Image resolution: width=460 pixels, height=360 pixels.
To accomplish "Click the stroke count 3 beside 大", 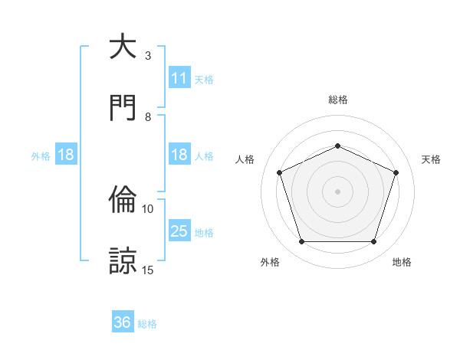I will tap(148, 56).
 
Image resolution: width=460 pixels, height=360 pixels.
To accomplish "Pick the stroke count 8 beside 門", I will tap(148, 117).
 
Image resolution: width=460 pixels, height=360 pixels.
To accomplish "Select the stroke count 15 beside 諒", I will tap(148, 270).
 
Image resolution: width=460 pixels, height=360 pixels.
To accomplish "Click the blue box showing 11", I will tap(179, 78).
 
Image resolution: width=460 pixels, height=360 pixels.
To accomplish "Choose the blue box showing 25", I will tap(179, 231).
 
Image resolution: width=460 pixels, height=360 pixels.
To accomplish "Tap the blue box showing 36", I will tap(123, 322).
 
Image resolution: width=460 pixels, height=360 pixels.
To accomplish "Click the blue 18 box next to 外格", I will tap(66, 155).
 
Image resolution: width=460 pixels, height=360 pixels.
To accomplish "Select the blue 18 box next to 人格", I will tap(179, 155).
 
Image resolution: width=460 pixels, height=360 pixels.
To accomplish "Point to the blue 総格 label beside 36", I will tap(147, 324).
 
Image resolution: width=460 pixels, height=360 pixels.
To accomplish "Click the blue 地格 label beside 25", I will tap(204, 233).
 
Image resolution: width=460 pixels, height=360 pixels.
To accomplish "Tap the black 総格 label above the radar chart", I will tap(337, 100).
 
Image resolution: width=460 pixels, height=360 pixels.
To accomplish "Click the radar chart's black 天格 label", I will tap(432, 159).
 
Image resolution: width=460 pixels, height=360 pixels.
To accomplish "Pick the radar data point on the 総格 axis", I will tap(337, 146).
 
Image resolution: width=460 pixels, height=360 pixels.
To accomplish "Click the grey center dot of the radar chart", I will tap(337, 191).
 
